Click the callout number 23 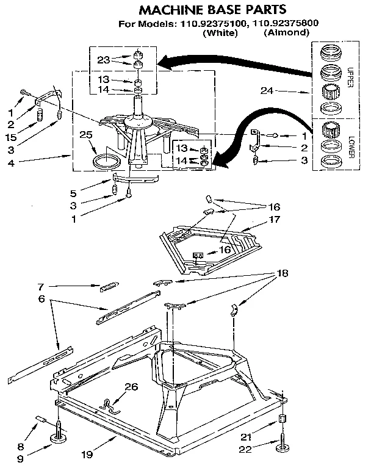(x=103, y=60)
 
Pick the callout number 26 (x=131, y=386)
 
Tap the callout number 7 (x=40, y=286)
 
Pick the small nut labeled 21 (x=283, y=420)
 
